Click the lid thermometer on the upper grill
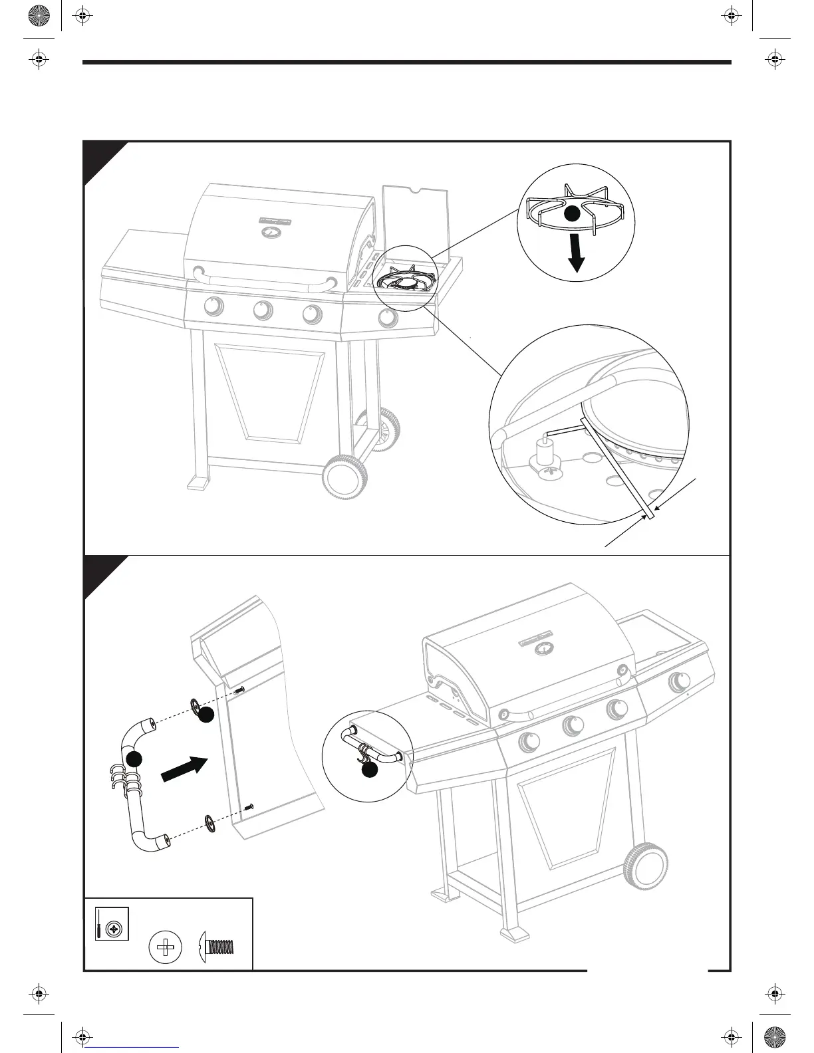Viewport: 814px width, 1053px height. click(272, 232)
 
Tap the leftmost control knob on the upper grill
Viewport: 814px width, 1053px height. click(213, 306)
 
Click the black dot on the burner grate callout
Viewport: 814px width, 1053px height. click(572, 214)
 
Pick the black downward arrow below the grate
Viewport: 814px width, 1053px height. click(577, 255)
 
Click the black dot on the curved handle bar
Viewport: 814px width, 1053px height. click(135, 759)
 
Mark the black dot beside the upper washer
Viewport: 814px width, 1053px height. click(207, 715)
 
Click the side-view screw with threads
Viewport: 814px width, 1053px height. click(218, 945)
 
